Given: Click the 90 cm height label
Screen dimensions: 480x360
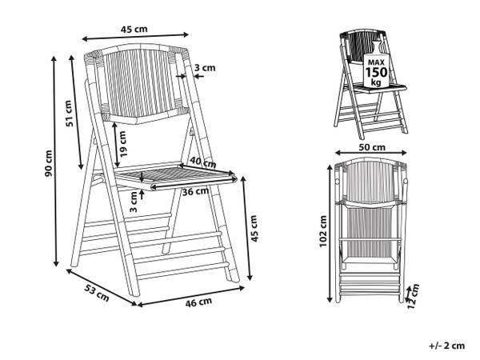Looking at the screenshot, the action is click(x=49, y=163).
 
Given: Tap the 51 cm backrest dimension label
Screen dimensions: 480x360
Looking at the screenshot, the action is click(x=70, y=114).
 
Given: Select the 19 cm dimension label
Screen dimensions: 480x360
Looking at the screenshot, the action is click(x=122, y=144).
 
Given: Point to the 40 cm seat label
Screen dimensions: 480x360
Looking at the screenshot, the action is click(x=202, y=162).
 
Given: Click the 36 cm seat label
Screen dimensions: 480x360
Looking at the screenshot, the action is click(x=196, y=192).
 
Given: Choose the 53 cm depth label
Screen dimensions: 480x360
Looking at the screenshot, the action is click(x=97, y=293).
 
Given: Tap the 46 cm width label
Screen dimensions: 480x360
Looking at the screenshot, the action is click(x=198, y=302).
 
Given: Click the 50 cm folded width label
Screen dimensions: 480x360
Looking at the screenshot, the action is click(x=372, y=147).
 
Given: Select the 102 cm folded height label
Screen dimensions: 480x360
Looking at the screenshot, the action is click(x=323, y=231).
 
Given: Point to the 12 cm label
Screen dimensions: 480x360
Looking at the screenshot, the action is click(x=413, y=296).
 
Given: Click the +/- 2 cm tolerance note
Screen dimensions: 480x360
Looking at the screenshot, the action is click(x=446, y=346).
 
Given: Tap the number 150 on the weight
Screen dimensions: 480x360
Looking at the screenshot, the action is click(x=376, y=73).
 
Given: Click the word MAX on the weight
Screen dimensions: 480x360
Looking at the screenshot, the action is click(x=376, y=62).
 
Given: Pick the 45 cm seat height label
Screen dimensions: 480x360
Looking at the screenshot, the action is click(x=254, y=228).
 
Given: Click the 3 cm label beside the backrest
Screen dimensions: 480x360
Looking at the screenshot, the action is click(x=205, y=68).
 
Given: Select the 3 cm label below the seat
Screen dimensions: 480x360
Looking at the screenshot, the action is click(x=134, y=202).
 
